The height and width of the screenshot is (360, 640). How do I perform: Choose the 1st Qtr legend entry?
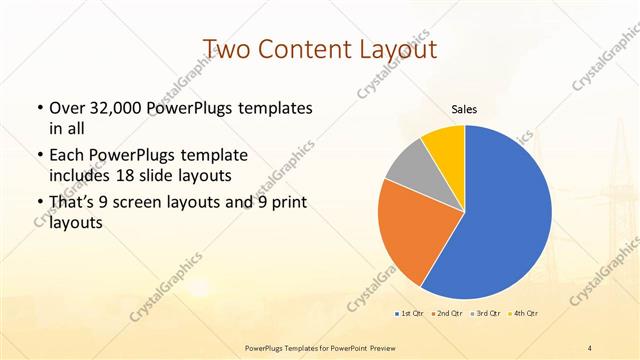[408, 315]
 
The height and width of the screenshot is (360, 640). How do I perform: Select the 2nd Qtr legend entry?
[446, 315]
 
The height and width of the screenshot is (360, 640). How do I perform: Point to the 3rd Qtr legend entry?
[486, 315]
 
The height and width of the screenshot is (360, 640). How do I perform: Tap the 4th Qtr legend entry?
[525, 315]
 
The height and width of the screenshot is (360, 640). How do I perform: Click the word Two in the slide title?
[227, 48]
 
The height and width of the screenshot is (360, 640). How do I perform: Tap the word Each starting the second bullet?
[65, 156]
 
